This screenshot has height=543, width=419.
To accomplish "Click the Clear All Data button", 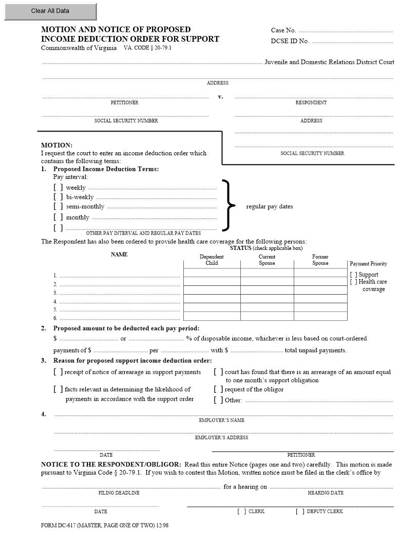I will tap(50, 11).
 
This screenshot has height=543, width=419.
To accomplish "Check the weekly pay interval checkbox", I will tap(58, 188).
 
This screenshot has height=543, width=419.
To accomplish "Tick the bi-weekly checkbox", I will tap(58, 197).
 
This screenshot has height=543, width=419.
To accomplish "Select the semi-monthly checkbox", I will tap(58, 207).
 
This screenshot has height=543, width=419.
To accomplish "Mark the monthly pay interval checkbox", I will tap(58, 217).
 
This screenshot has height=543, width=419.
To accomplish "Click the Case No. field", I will tap(345, 30).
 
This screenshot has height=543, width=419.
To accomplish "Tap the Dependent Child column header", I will tap(212, 260).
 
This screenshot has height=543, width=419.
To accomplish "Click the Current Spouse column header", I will tap(267, 260).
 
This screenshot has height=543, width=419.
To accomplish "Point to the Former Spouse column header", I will tap(320, 260).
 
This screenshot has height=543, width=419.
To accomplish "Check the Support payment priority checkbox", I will tap(354, 275).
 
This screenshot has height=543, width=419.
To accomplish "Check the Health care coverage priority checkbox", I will tap(354, 282).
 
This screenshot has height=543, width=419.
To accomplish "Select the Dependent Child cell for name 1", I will tap(212, 273).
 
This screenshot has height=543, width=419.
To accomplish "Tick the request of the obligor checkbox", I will tap(218, 390).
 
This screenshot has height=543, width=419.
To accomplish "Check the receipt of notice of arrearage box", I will tap(58, 372).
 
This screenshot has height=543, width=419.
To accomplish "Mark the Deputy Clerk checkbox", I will tap(300, 512).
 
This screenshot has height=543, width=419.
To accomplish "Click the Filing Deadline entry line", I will tap(131, 486).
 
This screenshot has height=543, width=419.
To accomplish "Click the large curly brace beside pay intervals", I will tap(228, 206).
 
